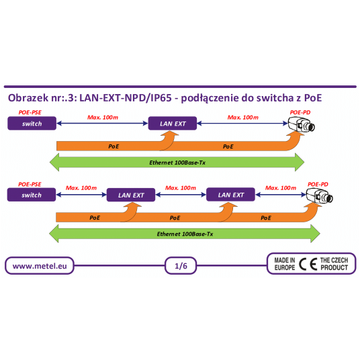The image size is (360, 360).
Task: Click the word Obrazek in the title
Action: pyautogui.click(x=28, y=98)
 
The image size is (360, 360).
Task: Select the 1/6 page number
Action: pyautogui.click(x=180, y=266)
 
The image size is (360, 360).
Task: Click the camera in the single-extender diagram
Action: pyautogui.click(x=302, y=124)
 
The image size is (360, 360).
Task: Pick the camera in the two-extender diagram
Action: pyautogui.click(x=319, y=195)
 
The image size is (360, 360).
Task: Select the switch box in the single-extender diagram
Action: pyautogui.click(x=32, y=124)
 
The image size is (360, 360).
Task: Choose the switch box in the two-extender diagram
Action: pyautogui.click(x=32, y=195)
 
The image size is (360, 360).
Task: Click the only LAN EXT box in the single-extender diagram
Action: pyautogui.click(x=172, y=124)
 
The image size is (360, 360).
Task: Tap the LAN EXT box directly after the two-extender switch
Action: pyautogui.click(x=131, y=195)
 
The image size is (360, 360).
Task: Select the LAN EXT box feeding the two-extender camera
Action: pyautogui.click(x=230, y=195)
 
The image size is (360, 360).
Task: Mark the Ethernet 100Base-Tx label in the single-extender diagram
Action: pyautogui.click(x=177, y=163)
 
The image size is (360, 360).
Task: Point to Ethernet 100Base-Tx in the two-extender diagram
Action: pyautogui.click(x=185, y=234)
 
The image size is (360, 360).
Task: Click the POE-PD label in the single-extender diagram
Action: pyautogui.click(x=300, y=111)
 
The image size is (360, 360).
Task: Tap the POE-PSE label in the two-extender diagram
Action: pyautogui.click(x=30, y=183)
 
